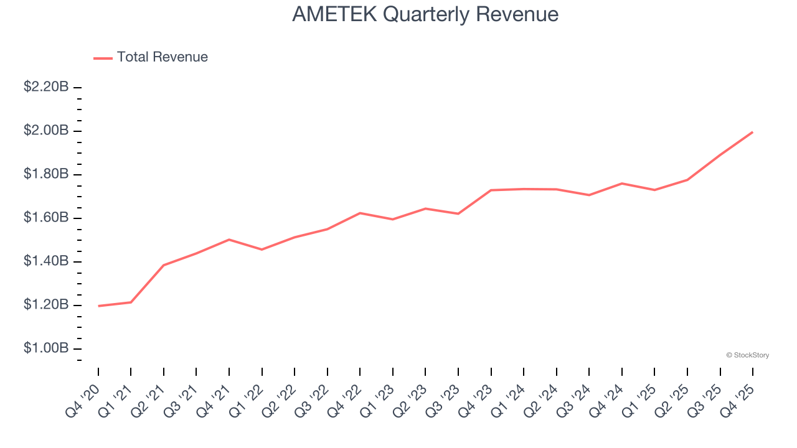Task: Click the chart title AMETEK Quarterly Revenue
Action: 425,14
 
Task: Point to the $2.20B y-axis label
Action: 46,87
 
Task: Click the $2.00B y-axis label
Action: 46,131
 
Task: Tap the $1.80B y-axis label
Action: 46,174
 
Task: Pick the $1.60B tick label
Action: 46,218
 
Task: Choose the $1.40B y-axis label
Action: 46,261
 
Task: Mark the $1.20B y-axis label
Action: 46,305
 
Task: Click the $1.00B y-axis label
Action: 46,348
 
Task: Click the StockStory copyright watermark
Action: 747,355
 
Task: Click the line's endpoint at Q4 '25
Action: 753,132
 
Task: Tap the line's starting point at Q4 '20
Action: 98,306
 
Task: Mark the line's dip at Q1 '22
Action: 262,250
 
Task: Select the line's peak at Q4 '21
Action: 229,240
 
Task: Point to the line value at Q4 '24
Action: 622,184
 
